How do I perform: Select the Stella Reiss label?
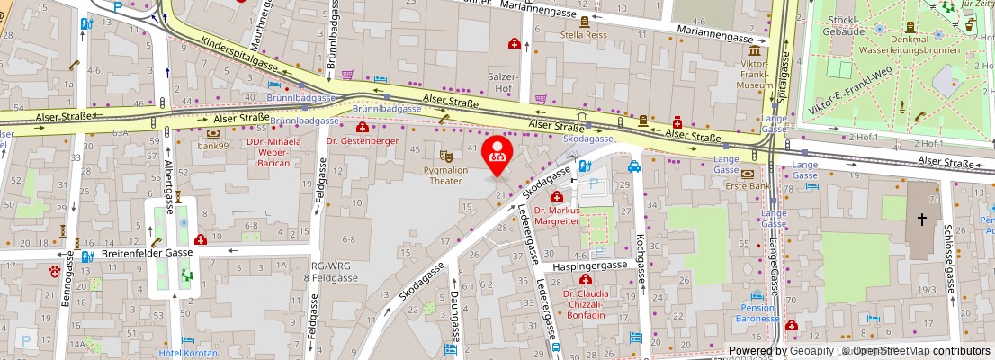point(585,36)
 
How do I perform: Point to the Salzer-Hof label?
point(498,83)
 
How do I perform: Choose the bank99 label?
point(214,145)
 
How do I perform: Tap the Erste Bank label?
point(748,186)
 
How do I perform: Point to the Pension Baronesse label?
point(756,312)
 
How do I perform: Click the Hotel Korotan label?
point(188,353)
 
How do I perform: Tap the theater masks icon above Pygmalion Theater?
point(446,156)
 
